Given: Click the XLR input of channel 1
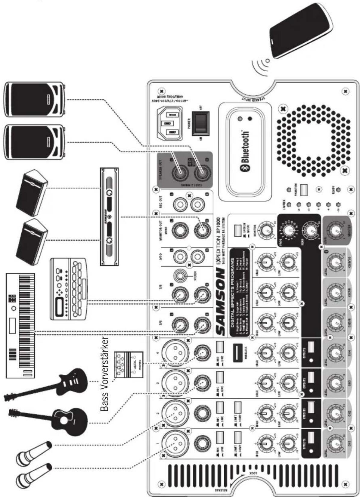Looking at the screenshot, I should (x=175, y=443).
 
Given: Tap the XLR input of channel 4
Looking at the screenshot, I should (x=175, y=353).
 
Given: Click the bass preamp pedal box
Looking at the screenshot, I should (x=129, y=364).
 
